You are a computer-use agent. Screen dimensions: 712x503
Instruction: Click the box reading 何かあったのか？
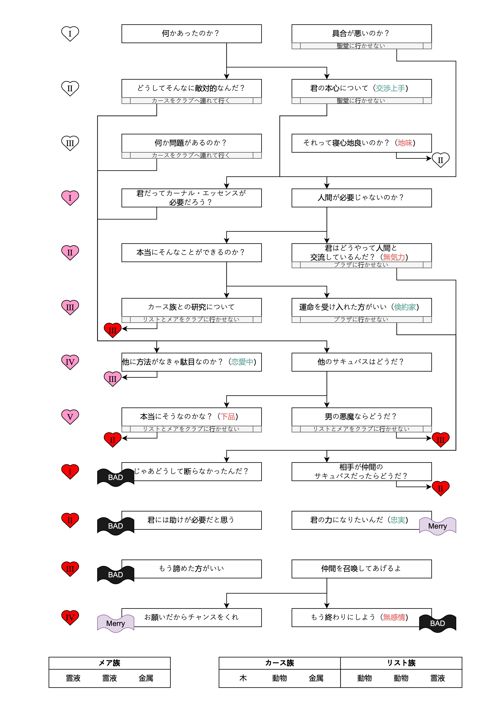(x=191, y=33)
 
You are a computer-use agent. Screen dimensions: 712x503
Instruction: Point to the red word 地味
(x=405, y=143)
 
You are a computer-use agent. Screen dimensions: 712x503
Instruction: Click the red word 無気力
(x=394, y=257)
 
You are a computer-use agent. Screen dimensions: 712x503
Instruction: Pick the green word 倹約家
(x=405, y=307)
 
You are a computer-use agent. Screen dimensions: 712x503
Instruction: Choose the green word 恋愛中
(x=242, y=362)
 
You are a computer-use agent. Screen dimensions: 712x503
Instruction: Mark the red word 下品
(x=228, y=416)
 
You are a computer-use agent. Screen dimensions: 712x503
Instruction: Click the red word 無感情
(x=394, y=617)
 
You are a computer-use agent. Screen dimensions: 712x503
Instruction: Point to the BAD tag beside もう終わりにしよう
(x=437, y=623)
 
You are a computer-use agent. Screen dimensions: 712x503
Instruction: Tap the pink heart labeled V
(x=70, y=416)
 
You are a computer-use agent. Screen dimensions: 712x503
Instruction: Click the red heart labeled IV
(x=70, y=617)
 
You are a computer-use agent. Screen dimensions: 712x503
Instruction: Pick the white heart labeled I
(x=70, y=33)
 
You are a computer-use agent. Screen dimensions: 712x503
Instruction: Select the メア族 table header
(x=109, y=663)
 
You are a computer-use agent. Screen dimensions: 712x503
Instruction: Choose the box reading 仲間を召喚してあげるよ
(x=361, y=568)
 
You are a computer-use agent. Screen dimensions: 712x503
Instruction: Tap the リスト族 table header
(x=401, y=663)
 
